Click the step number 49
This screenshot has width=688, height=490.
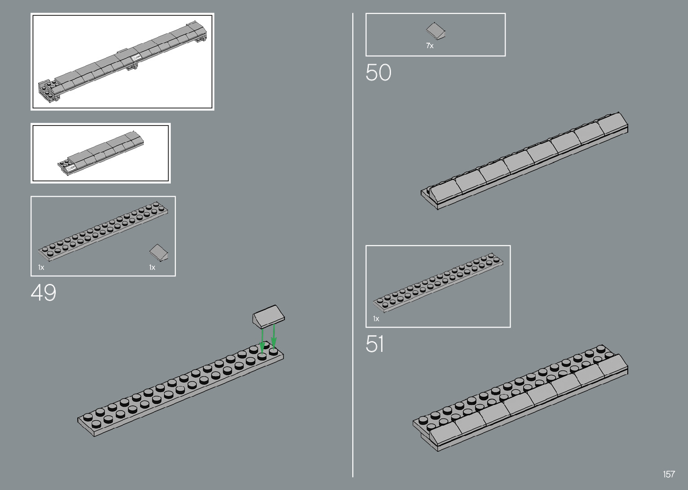point(44,293)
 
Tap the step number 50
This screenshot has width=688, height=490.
point(378,73)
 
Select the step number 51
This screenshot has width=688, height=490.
point(375,344)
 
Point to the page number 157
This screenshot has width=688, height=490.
point(669,474)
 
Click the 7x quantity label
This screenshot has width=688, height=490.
point(430,45)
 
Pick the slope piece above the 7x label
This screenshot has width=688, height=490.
point(435,31)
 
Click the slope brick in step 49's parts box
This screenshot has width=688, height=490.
point(160,252)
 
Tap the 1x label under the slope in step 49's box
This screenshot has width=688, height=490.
point(152,267)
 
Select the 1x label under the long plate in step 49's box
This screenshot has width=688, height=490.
point(41,267)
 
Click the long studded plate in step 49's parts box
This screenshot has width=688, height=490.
point(103,232)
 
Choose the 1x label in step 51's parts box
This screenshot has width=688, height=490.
point(376,319)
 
